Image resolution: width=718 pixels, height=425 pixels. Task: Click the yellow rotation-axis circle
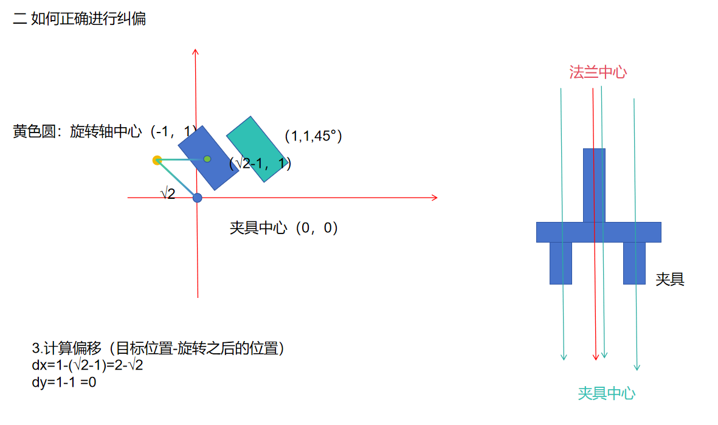point(157,161)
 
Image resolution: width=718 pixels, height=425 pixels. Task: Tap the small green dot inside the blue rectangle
point(207,159)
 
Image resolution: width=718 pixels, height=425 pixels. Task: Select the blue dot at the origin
point(197,198)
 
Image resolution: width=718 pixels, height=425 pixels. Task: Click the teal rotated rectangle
point(255,148)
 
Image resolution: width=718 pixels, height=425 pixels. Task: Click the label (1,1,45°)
point(313,136)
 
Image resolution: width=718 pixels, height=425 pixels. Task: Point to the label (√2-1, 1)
point(260,163)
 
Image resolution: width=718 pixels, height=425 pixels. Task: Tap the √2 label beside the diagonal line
point(168,194)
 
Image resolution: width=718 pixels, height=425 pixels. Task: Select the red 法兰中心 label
point(598,72)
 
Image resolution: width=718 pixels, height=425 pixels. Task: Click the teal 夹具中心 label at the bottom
point(606,393)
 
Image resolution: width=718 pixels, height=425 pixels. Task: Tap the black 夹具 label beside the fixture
point(669,280)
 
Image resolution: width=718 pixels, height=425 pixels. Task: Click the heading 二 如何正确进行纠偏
point(80,19)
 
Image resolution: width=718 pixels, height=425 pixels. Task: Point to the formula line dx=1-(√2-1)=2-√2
point(87,365)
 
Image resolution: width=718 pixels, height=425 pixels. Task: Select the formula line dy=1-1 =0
point(64,382)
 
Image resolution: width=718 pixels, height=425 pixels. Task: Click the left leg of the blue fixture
point(561,263)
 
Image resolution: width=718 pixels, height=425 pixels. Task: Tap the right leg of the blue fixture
point(634,263)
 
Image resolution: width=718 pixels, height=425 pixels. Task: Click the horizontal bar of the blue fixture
point(598,232)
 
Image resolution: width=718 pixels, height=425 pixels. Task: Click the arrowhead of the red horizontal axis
point(434,198)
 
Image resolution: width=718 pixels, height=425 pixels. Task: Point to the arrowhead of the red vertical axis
point(196,52)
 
